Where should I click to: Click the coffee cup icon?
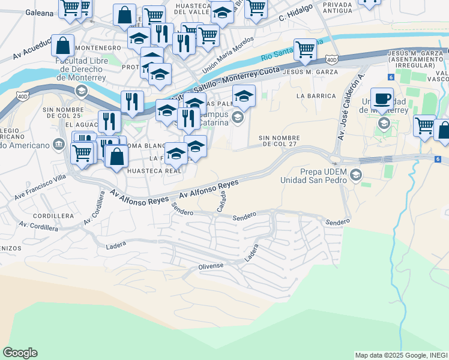pyautogui.click(x=382, y=98)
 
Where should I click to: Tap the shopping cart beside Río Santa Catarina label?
pyautogui.click(x=306, y=49)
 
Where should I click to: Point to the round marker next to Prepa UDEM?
pyautogui.click(x=356, y=175)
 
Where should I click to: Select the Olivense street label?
pyautogui.click(x=211, y=265)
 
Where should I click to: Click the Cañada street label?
pyautogui.click(x=223, y=202)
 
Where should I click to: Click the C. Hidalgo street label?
pyautogui.click(x=297, y=20)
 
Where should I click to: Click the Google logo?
pyautogui.click(x=20, y=353)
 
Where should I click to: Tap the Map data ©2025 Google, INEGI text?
pyautogui.click(x=400, y=355)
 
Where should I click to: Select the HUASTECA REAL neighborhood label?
pyautogui.click(x=154, y=171)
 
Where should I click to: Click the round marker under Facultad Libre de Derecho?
pyautogui.click(x=81, y=91)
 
